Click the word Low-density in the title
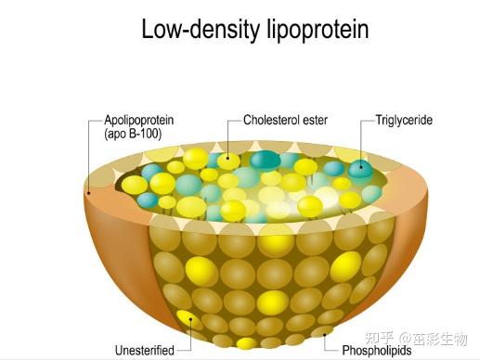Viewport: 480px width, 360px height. pos(201,30)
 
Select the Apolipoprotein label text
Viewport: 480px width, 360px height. pos(139,121)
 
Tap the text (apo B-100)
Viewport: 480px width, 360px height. pos(133,134)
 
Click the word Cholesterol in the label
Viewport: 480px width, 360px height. pos(271,120)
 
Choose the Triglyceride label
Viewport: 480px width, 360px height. pos(404,120)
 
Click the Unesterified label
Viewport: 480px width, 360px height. pos(145,351)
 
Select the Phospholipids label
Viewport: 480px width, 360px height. pos(377,351)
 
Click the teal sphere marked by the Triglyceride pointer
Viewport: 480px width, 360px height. pos(361,169)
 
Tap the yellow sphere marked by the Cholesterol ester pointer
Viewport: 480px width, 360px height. pos(228,161)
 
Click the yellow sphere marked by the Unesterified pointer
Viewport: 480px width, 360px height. pos(188,319)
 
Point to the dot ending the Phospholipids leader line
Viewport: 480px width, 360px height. pos(325,334)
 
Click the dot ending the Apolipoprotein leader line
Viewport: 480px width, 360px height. pos(89,193)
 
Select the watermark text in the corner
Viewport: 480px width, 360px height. pos(416,339)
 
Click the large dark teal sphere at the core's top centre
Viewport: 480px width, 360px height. pos(266,161)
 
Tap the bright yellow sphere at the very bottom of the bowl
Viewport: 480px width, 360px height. pos(247,343)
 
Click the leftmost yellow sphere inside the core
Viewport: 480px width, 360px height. pos(135,185)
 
